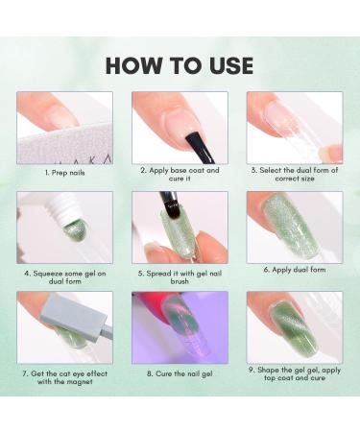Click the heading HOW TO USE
point(180,64)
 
